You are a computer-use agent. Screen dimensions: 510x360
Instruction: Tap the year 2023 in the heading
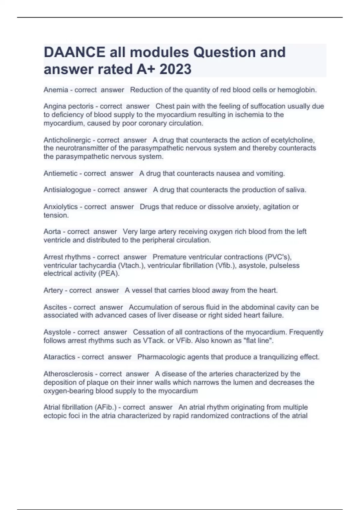pos(175,69)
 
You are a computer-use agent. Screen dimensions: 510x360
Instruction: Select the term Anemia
pos(55,90)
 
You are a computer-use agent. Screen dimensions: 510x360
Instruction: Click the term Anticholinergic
pos(67,140)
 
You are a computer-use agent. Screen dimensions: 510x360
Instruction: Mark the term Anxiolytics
pos(61,207)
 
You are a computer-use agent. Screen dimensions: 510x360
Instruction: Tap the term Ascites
pos(55,307)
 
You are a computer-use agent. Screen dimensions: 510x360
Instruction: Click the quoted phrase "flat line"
pos(257,341)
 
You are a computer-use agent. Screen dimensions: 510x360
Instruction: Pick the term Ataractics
pos(59,357)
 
